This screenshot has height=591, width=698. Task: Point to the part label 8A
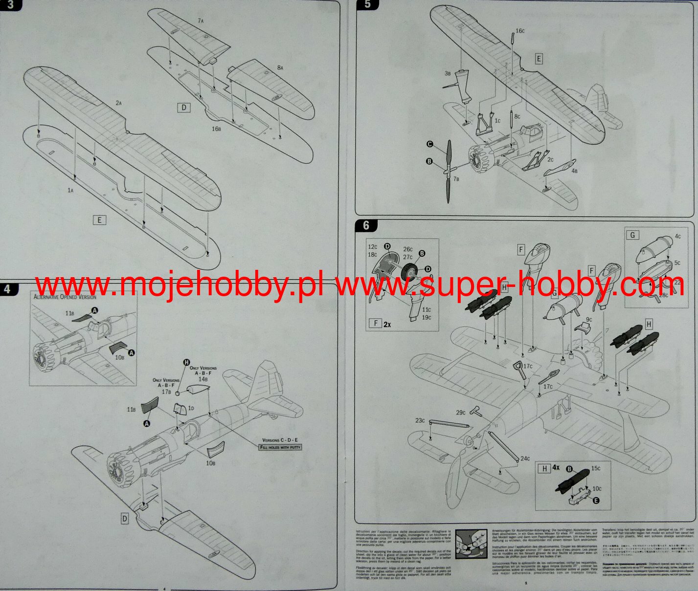pos(280,68)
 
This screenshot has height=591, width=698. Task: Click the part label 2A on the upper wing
pos(118,103)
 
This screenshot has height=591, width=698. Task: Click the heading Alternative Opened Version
pos(65,297)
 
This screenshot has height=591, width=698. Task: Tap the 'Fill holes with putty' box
pos(281,447)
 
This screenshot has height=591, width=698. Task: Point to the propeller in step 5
pos(448,171)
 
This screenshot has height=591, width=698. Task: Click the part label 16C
pos(520,31)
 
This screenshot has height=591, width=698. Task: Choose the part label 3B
pos(448,73)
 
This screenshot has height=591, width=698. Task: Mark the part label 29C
pos(461,412)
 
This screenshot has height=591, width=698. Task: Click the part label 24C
pos(525,459)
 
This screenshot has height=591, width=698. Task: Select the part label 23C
pos(420,420)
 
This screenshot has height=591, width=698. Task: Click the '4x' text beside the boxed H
pos(557,468)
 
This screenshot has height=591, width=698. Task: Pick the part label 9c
pos(589,319)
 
